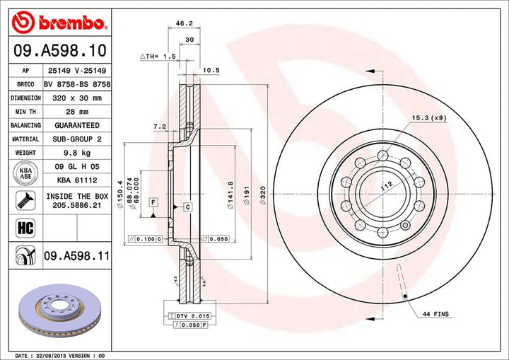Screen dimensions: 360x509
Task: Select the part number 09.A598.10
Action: (59, 51)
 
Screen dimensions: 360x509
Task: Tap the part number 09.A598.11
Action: (76, 255)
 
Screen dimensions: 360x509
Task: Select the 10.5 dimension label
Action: (211, 70)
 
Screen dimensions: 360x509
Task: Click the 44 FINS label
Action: (436, 313)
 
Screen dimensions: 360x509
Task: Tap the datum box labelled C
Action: (187, 207)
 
